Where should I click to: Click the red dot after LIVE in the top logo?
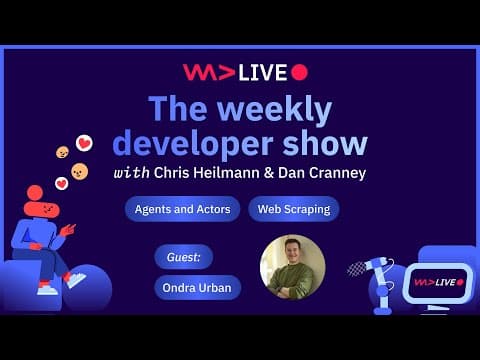[299, 72]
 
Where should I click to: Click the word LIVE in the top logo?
[263, 72]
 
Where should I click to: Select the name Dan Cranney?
[321, 172]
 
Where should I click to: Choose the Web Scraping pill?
[293, 209]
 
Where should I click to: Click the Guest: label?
[183, 257]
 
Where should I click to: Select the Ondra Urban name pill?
[197, 287]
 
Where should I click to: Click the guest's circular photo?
[292, 267]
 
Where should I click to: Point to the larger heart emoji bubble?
[84, 143]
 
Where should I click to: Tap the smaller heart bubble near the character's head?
[61, 184]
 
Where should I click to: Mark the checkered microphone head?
[356, 267]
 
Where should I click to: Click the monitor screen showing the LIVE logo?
[437, 282]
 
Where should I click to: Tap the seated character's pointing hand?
[67, 229]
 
